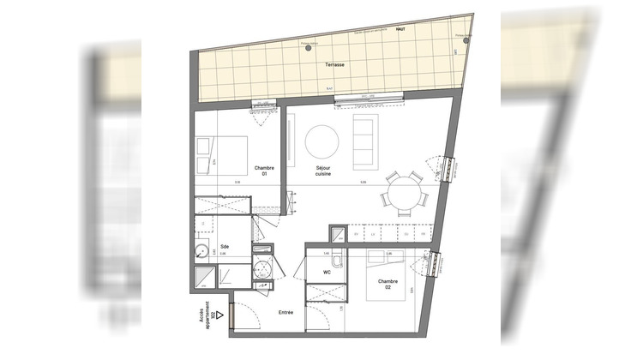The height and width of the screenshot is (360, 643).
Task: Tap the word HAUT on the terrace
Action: (x=399, y=28)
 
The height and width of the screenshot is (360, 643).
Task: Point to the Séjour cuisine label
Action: (x=322, y=171)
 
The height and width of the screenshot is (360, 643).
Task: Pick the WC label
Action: (x=326, y=273)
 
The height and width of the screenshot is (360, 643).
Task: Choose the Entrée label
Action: (x=285, y=312)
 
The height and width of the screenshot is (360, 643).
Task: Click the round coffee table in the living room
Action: (x=322, y=141)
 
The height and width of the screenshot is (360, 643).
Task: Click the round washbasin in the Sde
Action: (x=201, y=252)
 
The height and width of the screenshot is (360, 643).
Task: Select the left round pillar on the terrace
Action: (x=308, y=48)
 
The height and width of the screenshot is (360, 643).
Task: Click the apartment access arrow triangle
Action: (x=219, y=315)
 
